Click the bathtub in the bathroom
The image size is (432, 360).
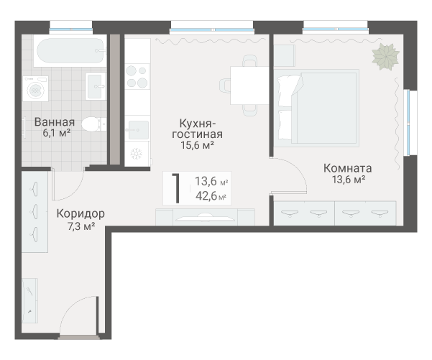click(x=70, y=51)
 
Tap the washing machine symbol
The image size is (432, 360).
click(x=35, y=88)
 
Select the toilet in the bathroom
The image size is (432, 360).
click(x=93, y=124)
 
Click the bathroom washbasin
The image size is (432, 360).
click(x=96, y=86)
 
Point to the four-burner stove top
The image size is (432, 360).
click(x=137, y=77)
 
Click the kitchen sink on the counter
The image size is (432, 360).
click(x=137, y=130)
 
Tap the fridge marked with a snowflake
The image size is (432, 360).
click(x=137, y=154)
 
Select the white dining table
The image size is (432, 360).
click(x=249, y=86)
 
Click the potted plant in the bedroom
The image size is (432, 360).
click(x=385, y=57)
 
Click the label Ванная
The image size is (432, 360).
click(x=55, y=122)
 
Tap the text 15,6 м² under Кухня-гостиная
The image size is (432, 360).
click(x=197, y=145)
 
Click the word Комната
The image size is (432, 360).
click(x=347, y=168)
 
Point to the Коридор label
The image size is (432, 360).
click(x=81, y=213)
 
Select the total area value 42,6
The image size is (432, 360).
click(x=206, y=196)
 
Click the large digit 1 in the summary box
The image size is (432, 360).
click(x=176, y=188)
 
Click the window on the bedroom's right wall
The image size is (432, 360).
click(x=408, y=123)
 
